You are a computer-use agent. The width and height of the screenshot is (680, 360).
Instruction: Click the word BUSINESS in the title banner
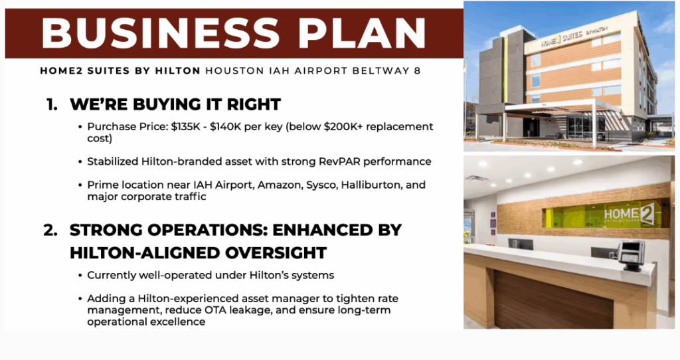pyautogui.click(x=160, y=33)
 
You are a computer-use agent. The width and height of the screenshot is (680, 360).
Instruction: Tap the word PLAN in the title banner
pyautogui.click(x=362, y=33)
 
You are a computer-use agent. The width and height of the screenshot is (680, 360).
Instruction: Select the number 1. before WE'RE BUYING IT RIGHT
pyautogui.click(x=52, y=104)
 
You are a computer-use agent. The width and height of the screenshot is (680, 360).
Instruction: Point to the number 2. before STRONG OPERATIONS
pyautogui.click(x=50, y=230)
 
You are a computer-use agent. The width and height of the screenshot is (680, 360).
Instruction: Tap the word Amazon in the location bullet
pyautogui.click(x=280, y=185)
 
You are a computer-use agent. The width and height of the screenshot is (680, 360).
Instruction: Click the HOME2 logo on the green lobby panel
pyautogui.click(x=630, y=214)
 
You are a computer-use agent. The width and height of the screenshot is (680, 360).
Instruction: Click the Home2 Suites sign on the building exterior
pyautogui.click(x=573, y=37)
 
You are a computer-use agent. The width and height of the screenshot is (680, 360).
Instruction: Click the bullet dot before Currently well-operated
pyautogui.click(x=80, y=276)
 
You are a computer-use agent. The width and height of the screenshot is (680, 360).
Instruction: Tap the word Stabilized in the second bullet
pyautogui.click(x=113, y=162)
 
